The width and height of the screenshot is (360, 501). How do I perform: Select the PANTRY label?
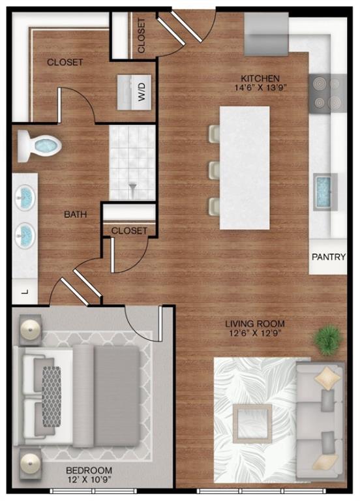click(x=327, y=256)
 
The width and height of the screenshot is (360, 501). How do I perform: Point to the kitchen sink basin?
click(x=324, y=191)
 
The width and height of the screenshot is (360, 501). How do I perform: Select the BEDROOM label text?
click(x=90, y=470)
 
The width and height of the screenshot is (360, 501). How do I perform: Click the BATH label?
click(x=76, y=213)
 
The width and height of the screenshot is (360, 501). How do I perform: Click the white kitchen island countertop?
click(x=245, y=167)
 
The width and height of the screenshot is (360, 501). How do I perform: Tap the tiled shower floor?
click(x=132, y=162)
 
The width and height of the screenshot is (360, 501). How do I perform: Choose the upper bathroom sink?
click(x=25, y=195)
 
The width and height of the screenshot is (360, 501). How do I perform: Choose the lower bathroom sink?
click(x=25, y=231)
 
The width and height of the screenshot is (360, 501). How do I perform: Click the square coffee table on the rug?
click(x=252, y=423)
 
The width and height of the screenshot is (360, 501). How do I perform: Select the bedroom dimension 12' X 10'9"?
click(x=90, y=480)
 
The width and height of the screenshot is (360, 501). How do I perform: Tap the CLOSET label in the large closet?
click(x=65, y=62)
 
